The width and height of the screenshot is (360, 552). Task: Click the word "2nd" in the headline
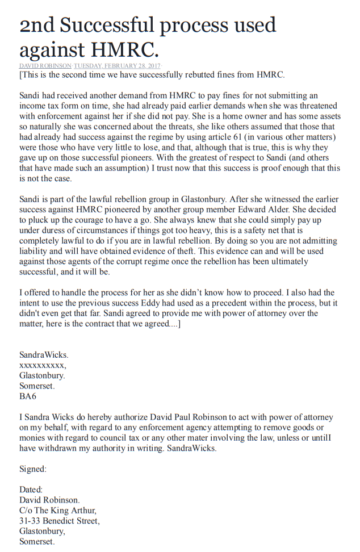pyautogui.click(x=37, y=26)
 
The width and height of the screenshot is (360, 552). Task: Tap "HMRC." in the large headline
pyautogui.click(x=127, y=50)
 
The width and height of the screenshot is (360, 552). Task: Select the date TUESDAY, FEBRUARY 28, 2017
pyautogui.click(x=113, y=66)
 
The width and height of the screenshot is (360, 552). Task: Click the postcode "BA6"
pyautogui.click(x=28, y=396)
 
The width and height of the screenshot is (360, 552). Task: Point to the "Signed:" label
pyautogui.click(x=33, y=469)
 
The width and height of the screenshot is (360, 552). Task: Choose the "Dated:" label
pyautogui.click(x=31, y=490)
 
